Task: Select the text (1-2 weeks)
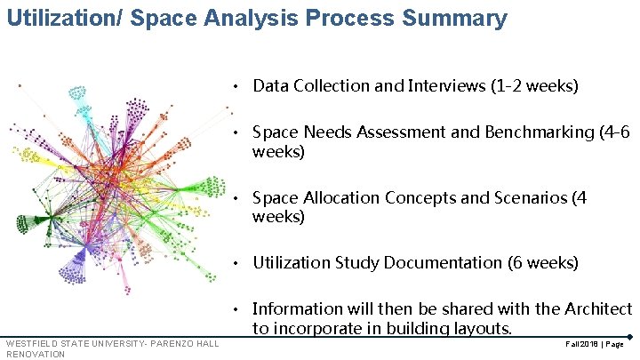click(534, 86)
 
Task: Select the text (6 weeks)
click(543, 263)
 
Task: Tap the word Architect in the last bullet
click(597, 308)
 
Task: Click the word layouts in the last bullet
click(478, 329)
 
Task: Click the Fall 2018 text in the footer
click(575, 343)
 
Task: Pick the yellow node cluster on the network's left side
click(32, 156)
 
